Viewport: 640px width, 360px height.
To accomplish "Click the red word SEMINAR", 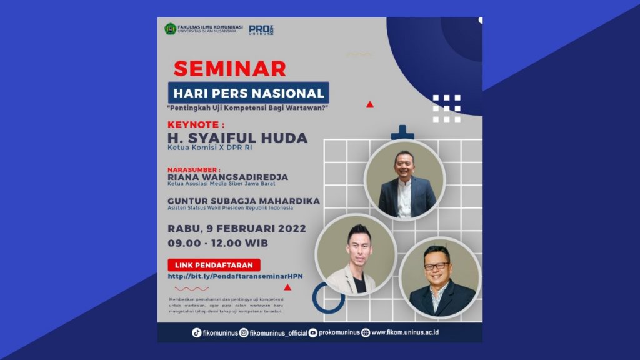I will click(x=229, y=68).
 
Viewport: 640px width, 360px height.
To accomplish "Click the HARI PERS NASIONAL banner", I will click(x=249, y=94).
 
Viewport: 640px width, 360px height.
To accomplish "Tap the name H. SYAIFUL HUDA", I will click(x=238, y=138).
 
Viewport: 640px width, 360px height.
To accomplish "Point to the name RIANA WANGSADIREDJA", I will click(x=227, y=177).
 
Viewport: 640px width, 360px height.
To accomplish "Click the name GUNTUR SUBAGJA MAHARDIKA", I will click(x=244, y=201).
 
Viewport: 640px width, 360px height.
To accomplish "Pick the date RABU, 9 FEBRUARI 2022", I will click(x=237, y=228).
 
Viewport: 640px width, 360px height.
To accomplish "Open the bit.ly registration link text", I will click(x=235, y=276).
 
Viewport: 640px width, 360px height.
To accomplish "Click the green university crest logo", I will click(x=170, y=29).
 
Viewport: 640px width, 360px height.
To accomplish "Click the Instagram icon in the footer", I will click(x=244, y=332).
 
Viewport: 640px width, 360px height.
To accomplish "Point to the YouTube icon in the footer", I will click(x=313, y=332).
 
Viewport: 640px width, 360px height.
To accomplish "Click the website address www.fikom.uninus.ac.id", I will click(x=405, y=332).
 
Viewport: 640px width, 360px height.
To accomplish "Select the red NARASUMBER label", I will click(x=194, y=169).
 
